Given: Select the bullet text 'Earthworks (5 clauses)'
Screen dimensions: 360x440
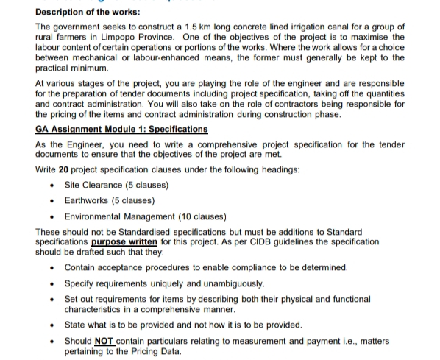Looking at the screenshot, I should click(x=109, y=201).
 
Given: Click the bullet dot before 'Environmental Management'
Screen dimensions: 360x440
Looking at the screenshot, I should click(x=51, y=216).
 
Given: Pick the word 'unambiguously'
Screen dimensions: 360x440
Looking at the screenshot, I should click(x=230, y=283).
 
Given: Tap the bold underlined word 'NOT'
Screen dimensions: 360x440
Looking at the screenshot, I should click(x=104, y=341).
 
